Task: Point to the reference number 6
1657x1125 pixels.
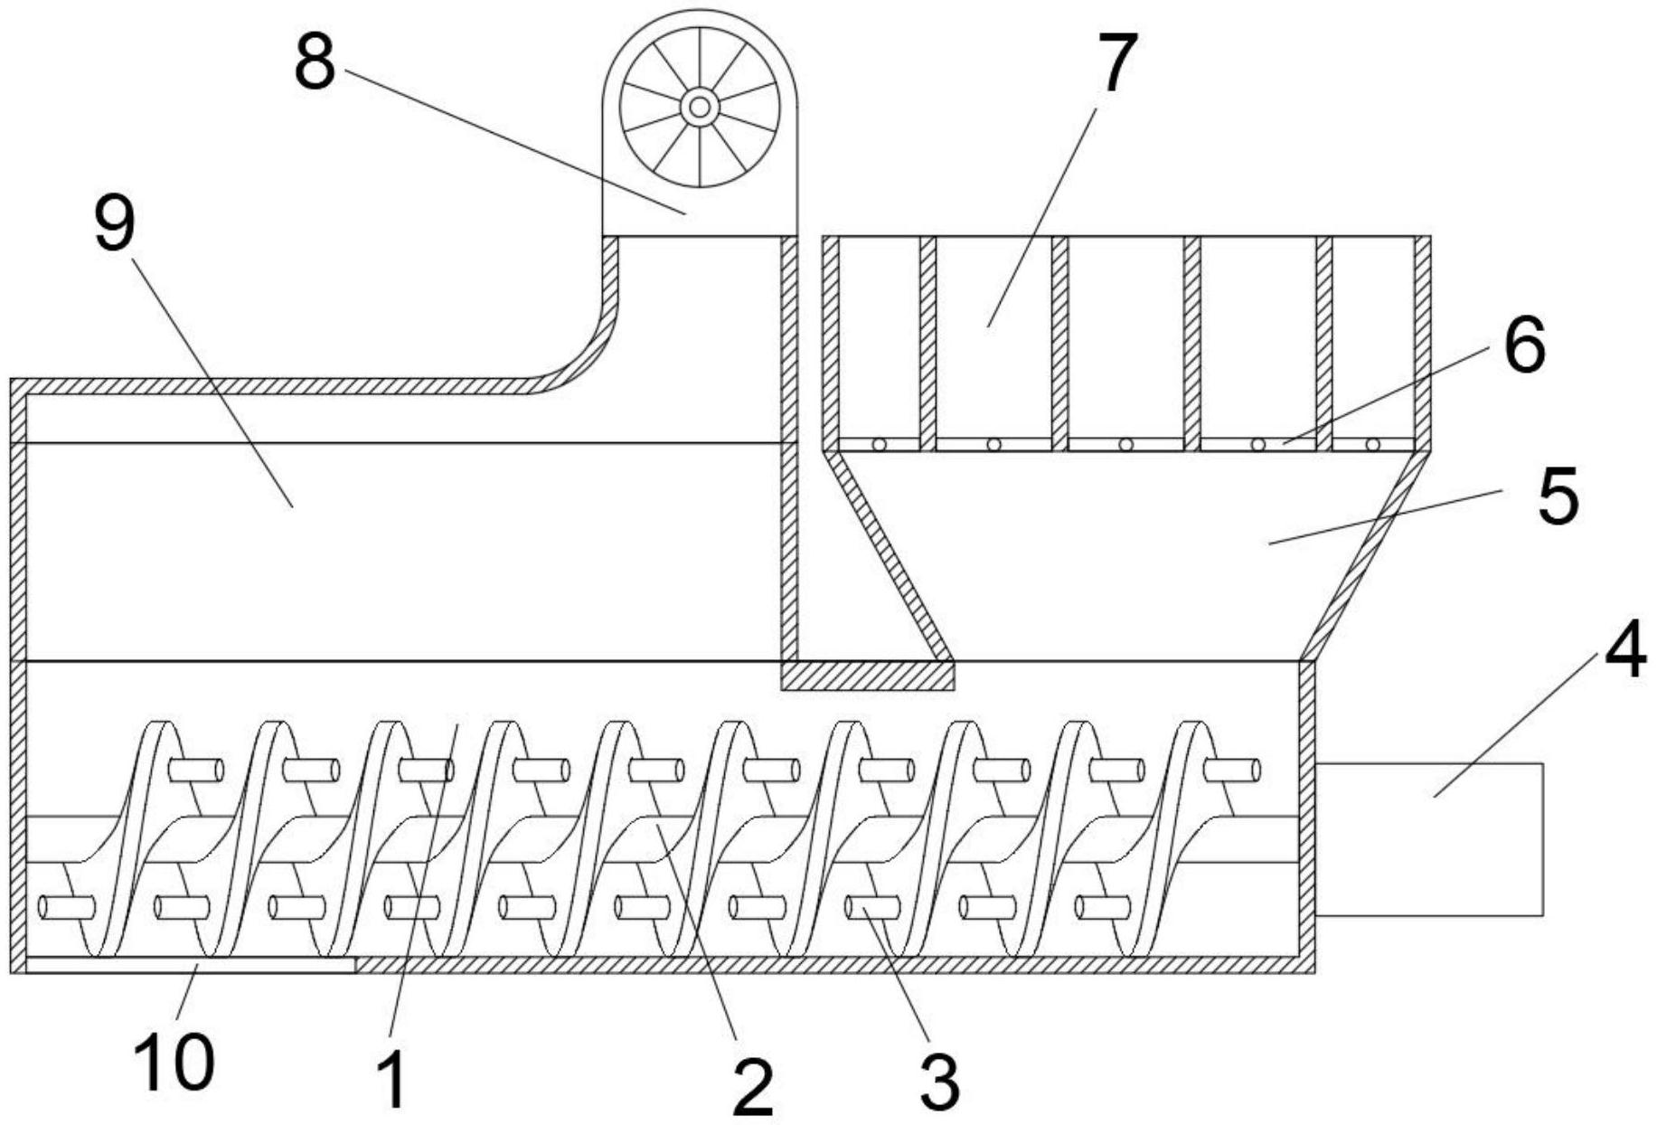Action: point(1524,346)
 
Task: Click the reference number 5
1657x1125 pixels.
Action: point(1558,496)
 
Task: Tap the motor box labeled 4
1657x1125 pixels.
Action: point(1428,839)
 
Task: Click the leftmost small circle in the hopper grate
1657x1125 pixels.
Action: point(877,444)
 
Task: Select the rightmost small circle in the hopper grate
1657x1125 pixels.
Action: point(1372,444)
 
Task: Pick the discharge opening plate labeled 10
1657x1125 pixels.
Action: point(190,965)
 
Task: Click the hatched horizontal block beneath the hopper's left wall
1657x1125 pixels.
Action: point(867,676)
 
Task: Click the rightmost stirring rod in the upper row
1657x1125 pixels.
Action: point(1231,770)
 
